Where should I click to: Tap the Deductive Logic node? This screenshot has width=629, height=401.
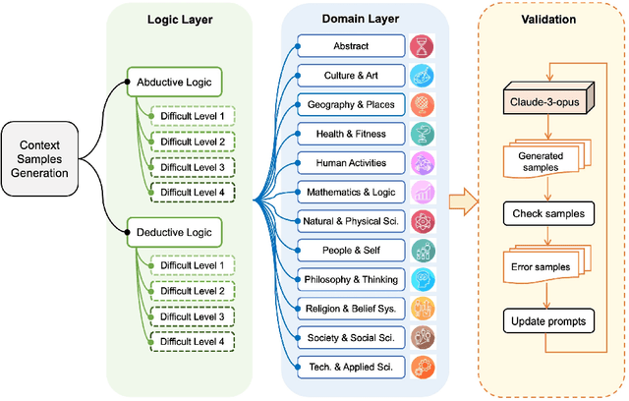point(172,232)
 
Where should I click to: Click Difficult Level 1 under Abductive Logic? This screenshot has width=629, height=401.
point(192,117)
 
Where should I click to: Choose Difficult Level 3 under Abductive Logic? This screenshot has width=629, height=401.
point(192,166)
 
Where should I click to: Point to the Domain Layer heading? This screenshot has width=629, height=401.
point(358,19)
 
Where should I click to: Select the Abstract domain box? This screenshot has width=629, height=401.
point(352,45)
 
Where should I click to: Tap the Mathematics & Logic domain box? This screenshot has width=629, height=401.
point(352,192)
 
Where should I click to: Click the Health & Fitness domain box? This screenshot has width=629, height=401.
point(352,133)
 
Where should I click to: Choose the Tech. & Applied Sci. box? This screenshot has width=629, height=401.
point(352,367)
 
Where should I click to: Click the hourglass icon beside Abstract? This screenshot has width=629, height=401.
point(422,45)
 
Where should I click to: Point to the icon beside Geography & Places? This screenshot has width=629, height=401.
point(422,104)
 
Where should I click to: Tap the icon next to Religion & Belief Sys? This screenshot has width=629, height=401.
point(422,308)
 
